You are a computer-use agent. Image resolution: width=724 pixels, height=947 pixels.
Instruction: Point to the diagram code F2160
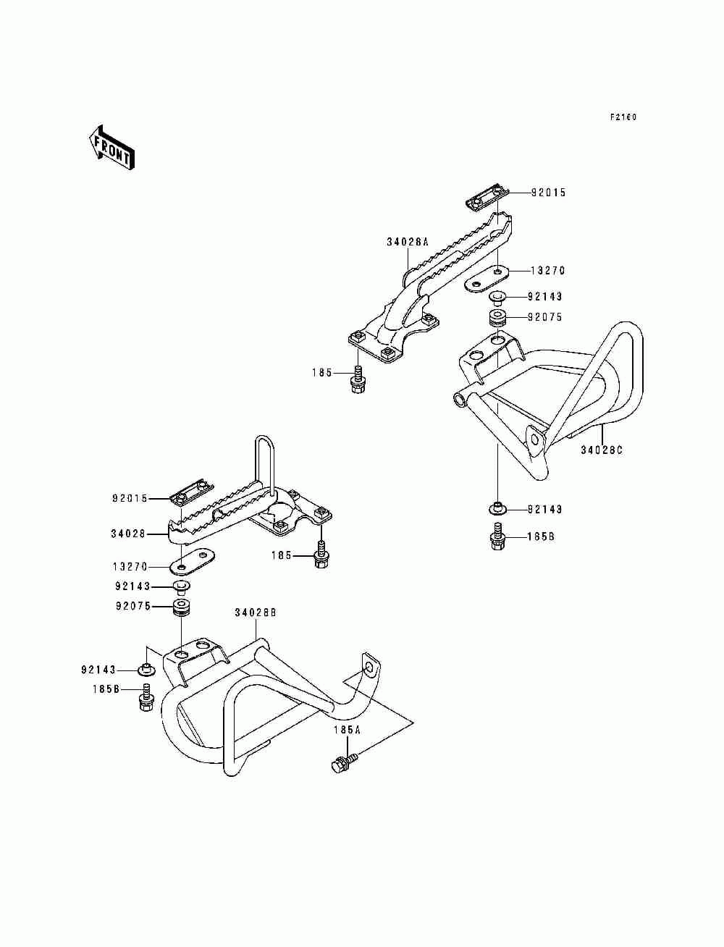point(622,117)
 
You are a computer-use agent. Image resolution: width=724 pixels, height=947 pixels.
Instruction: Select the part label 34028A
point(407,243)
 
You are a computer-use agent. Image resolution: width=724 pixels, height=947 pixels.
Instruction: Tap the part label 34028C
point(601,450)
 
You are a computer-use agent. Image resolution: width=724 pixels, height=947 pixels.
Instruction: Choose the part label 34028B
point(255,613)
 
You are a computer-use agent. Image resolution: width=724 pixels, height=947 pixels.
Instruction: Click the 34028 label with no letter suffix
point(127,534)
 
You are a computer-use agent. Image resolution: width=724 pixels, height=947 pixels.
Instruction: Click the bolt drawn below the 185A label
point(343,762)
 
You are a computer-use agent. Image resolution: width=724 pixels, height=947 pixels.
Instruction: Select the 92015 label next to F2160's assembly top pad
point(548,193)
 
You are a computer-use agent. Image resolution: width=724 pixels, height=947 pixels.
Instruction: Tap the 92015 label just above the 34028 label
point(130,499)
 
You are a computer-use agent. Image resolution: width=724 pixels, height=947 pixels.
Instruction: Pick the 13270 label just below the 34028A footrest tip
point(547,271)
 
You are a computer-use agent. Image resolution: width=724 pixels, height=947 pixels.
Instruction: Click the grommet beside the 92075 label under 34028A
point(496,318)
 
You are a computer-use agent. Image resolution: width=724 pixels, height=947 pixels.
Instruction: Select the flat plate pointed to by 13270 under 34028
point(193,560)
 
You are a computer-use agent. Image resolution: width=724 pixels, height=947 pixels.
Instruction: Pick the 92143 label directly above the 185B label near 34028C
point(544,510)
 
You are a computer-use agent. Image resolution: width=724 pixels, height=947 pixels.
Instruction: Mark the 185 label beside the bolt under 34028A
point(321,373)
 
